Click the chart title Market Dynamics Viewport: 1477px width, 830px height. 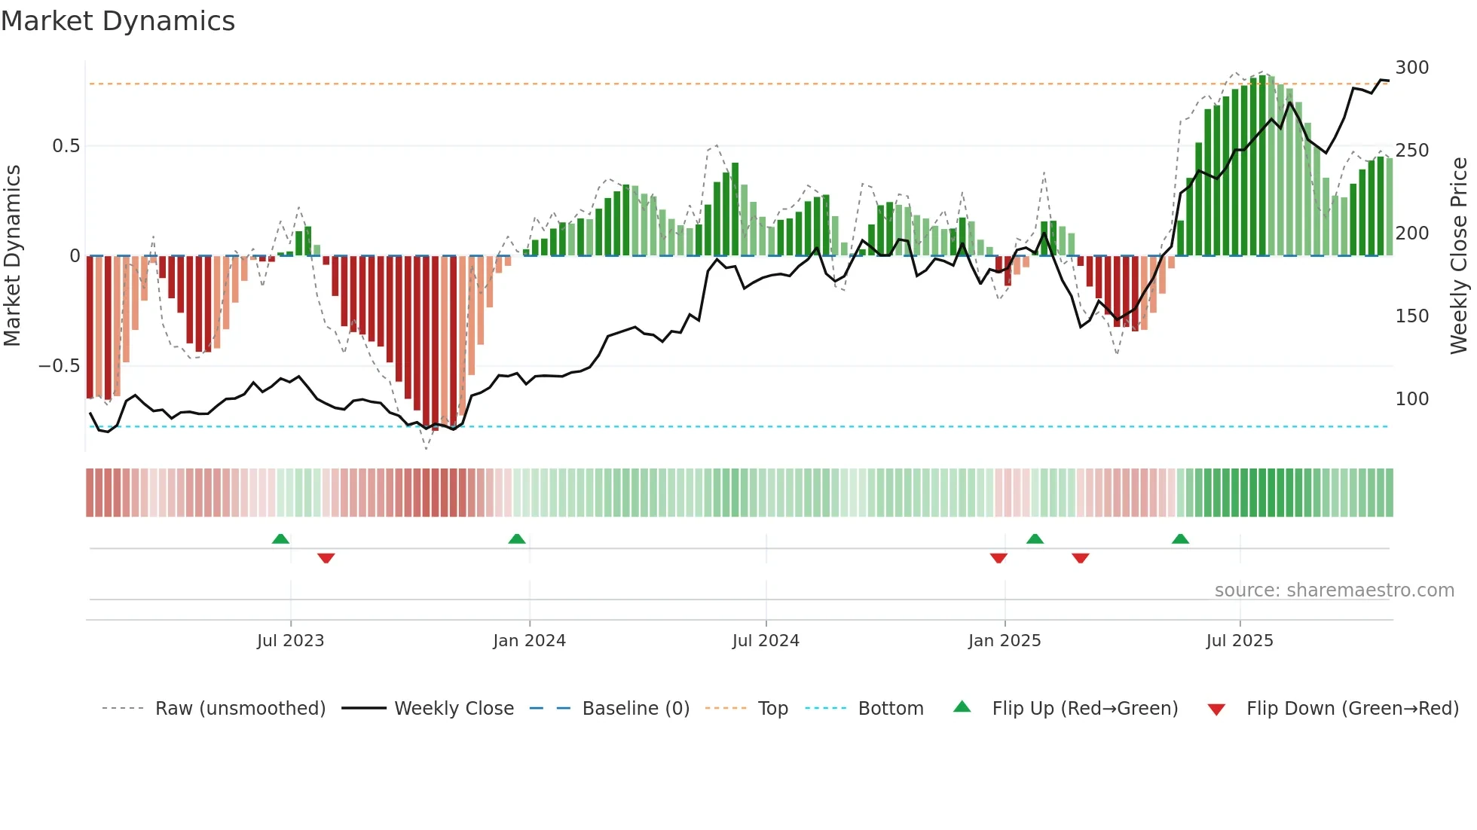tap(118, 21)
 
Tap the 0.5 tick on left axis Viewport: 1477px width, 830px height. tap(66, 146)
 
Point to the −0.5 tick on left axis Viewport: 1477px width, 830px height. tap(60, 366)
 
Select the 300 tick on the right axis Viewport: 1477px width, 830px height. tap(1411, 68)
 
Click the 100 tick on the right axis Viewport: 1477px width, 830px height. tap(1411, 399)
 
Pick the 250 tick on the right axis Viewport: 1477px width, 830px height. tap(1411, 151)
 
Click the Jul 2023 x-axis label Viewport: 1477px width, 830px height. tap(290, 641)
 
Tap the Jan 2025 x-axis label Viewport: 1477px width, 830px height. tap(1004, 641)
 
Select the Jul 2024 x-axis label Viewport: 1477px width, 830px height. tap(766, 641)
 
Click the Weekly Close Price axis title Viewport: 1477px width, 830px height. tap(1459, 256)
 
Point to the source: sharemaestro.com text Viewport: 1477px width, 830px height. tap(1334, 590)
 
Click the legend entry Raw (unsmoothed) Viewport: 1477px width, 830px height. tap(240, 709)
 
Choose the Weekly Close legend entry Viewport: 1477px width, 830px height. tap(454, 709)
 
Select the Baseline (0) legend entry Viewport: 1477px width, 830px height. tap(635, 709)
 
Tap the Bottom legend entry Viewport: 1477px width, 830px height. tap(890, 709)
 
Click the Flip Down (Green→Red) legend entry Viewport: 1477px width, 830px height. tap(1352, 709)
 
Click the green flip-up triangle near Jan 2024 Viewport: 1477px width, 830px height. tap(517, 539)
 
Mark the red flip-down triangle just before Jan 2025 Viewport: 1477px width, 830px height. tap(998, 557)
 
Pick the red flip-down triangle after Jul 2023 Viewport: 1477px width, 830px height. tap(326, 557)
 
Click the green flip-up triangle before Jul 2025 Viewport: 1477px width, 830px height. tap(1180, 539)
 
